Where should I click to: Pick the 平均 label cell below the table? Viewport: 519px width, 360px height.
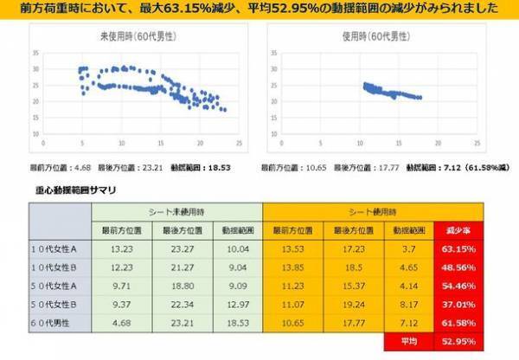tap(408, 342)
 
